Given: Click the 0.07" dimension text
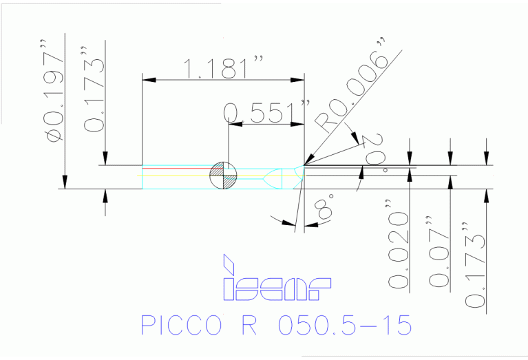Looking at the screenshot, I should tap(439, 251).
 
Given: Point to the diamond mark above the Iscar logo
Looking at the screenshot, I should tap(229, 263).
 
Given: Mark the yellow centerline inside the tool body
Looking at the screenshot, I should tap(207, 175).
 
